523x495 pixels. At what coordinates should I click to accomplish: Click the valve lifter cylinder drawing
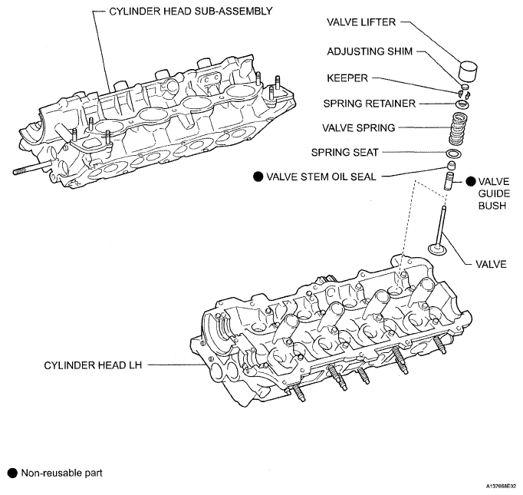(x=469, y=75)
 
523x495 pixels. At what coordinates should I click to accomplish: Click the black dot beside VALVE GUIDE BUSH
(x=469, y=182)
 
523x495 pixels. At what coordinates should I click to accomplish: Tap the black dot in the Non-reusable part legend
(x=11, y=473)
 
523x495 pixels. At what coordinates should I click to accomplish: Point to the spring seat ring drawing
(x=454, y=153)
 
